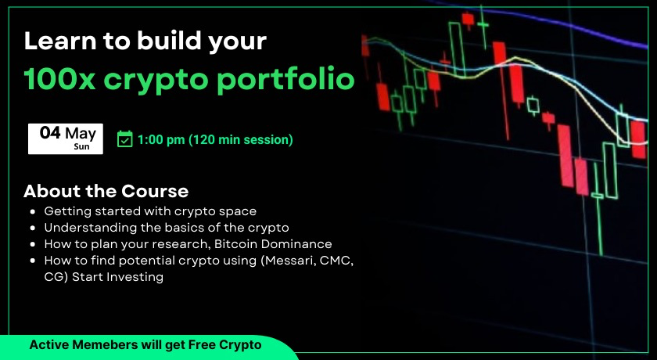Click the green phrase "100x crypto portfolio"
(189, 79)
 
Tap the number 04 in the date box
(50, 133)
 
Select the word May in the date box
(81, 134)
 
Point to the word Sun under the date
(81, 146)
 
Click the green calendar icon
(125, 139)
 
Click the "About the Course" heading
(106, 191)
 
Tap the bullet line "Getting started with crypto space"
(150, 211)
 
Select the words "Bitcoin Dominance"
(273, 244)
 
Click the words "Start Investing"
(118, 277)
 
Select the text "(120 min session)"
(241, 140)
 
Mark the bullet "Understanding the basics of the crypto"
(167, 228)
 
